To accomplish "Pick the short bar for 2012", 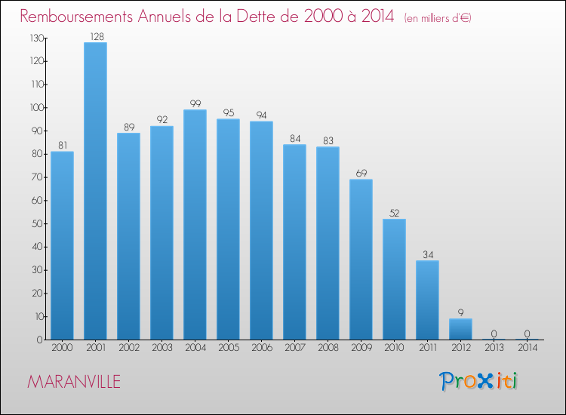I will [x=460, y=329].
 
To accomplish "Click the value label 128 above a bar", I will [x=95, y=35].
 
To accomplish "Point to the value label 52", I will [x=394, y=213].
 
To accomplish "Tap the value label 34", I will [x=427, y=254].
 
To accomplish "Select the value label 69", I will [x=361, y=173].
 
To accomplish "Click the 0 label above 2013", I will [x=494, y=334].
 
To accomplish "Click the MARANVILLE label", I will [x=74, y=382].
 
